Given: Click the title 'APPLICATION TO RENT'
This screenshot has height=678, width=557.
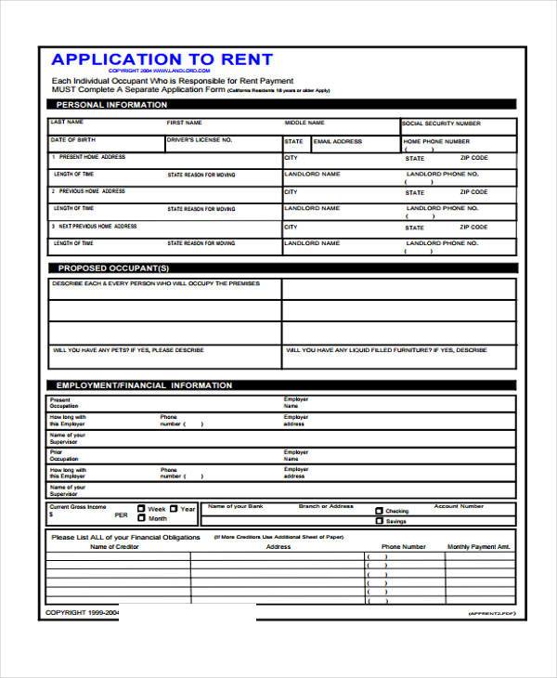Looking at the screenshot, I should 162,60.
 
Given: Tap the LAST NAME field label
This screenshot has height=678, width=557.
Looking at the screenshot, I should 68,122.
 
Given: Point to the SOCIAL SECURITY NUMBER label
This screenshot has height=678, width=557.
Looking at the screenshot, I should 441,123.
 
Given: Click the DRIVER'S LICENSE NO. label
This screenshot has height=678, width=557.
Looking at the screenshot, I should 200,139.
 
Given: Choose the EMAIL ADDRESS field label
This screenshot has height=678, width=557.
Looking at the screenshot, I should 337,141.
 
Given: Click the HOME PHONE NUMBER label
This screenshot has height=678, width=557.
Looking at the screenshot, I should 435,141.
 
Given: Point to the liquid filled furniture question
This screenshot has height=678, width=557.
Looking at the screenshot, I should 386,350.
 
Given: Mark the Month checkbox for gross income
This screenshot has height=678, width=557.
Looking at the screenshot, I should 141,518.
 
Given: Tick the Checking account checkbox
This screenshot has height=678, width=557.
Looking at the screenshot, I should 379,511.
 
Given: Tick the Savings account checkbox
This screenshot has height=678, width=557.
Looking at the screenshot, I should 379,521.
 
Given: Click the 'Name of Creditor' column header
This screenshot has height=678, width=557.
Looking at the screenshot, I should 113,547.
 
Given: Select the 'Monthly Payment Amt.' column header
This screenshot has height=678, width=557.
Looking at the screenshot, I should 479,547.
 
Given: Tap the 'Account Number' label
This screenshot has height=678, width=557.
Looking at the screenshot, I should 459,507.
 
